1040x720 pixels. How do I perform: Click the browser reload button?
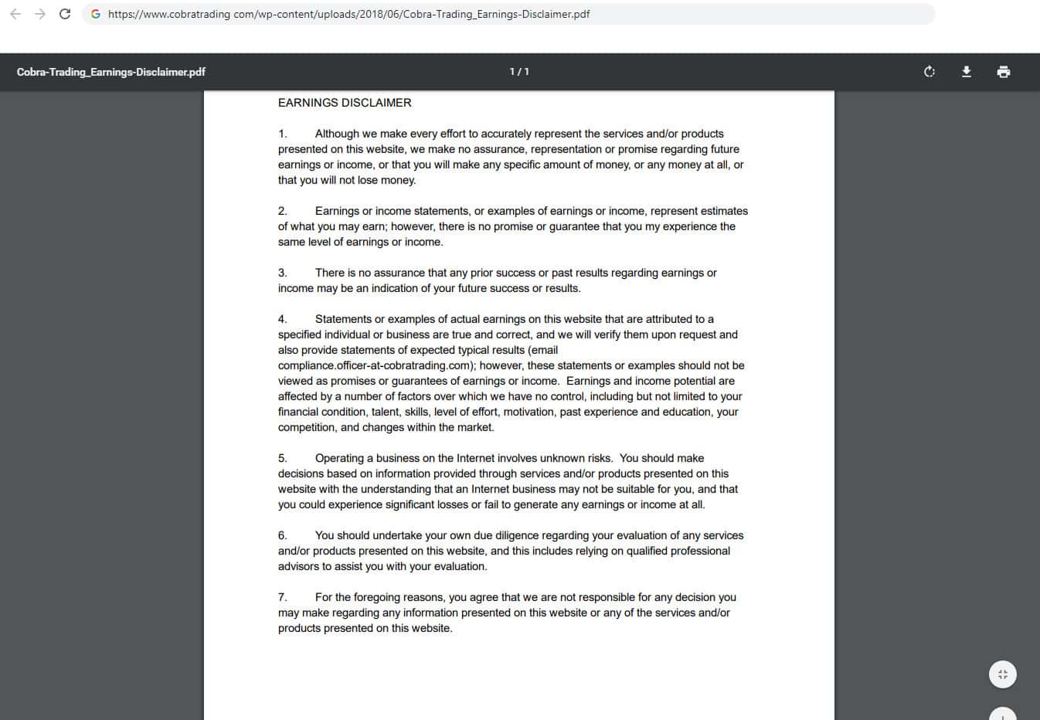click(x=65, y=14)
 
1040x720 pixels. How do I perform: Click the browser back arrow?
click(x=15, y=14)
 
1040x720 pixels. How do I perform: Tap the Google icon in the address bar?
click(x=96, y=14)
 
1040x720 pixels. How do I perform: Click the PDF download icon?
click(x=966, y=72)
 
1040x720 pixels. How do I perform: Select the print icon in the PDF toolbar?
click(x=1004, y=72)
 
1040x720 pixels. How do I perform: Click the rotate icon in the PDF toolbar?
click(x=930, y=72)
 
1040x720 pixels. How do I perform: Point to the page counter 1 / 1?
click(x=519, y=72)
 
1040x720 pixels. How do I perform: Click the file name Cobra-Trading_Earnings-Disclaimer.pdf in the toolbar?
click(x=111, y=72)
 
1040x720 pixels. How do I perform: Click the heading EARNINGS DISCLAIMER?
click(x=345, y=103)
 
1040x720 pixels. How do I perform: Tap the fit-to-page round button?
click(x=1003, y=674)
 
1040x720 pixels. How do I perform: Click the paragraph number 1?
click(x=283, y=134)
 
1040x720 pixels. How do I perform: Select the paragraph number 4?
click(x=283, y=319)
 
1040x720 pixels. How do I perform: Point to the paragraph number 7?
click(x=283, y=597)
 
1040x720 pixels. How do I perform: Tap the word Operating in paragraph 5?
click(x=339, y=458)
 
